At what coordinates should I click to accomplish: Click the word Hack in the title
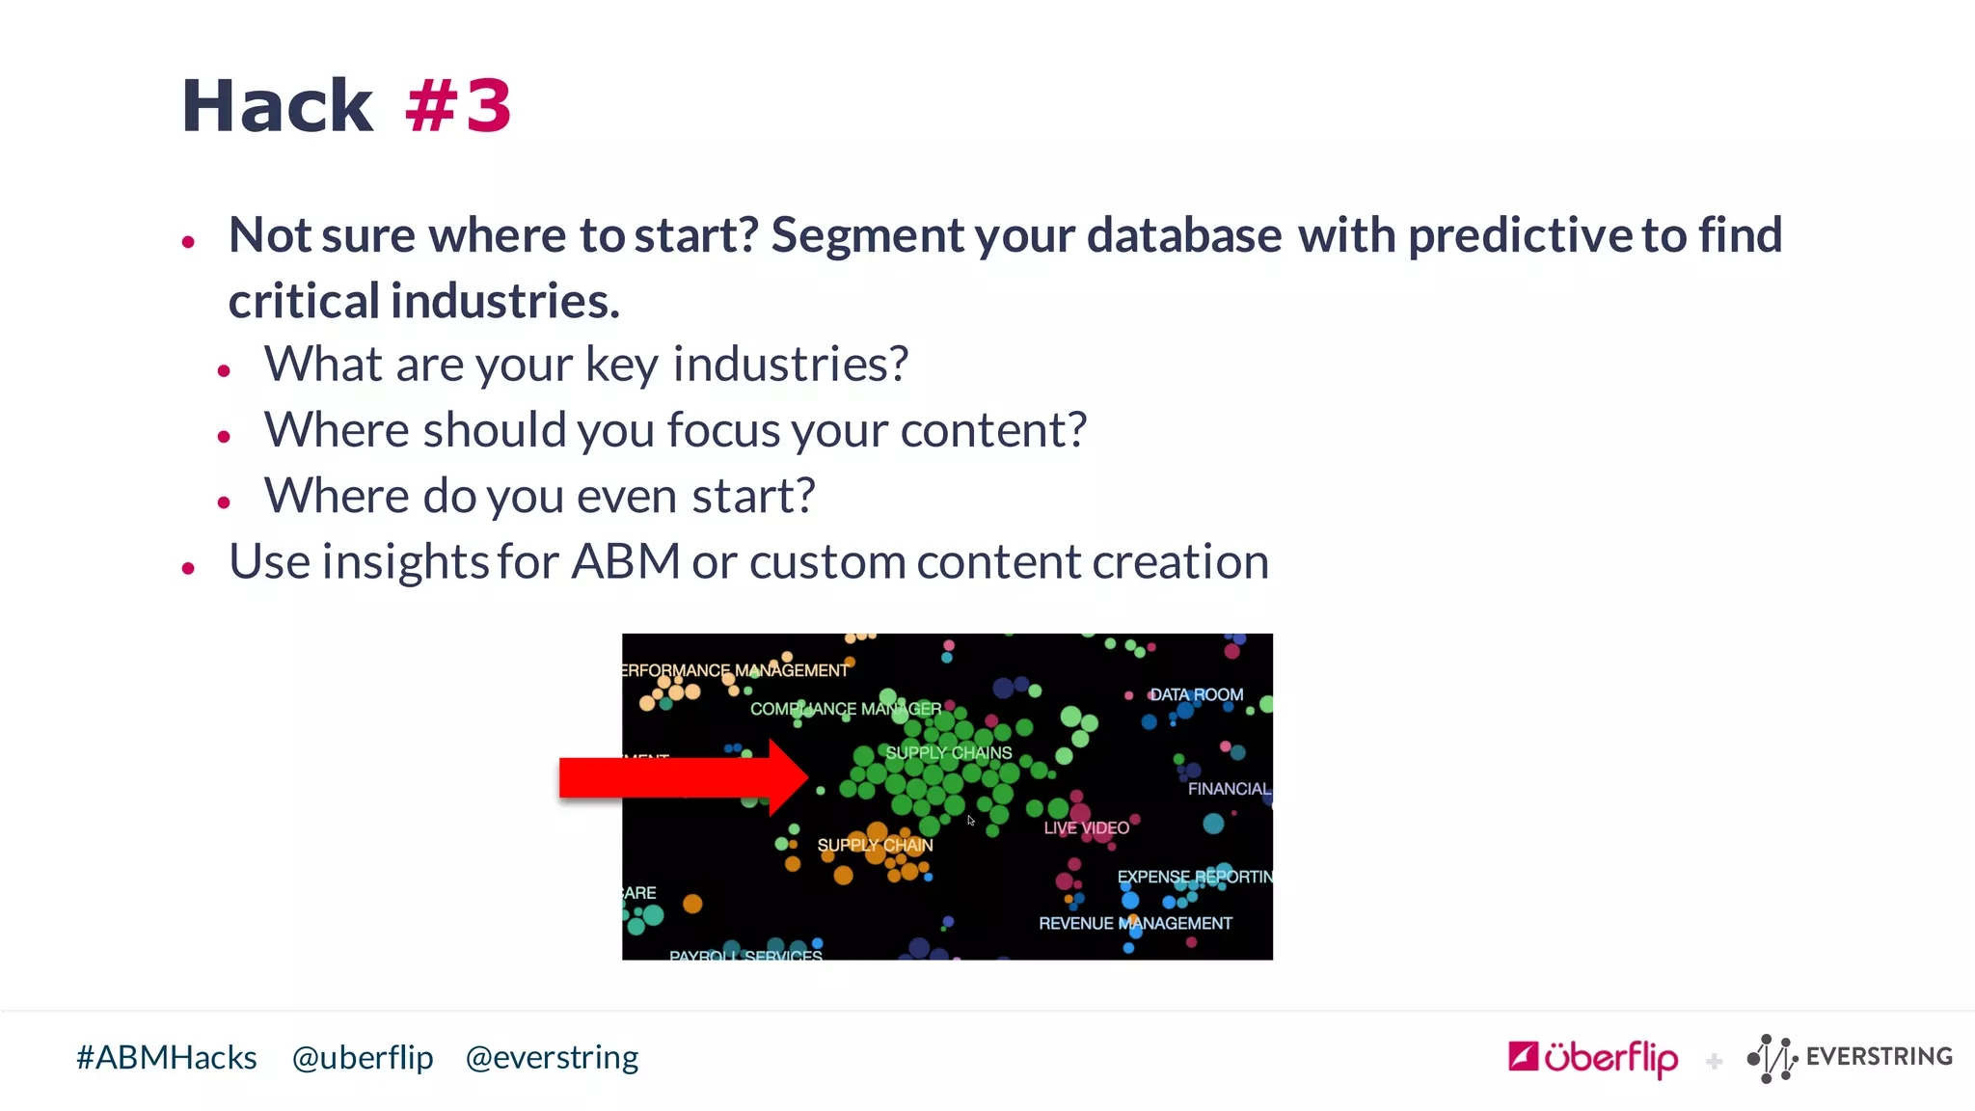coord(277,106)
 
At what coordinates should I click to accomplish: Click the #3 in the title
coord(459,106)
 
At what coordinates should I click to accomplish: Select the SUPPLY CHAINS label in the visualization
coord(949,753)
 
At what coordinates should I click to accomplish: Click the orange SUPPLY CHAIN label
coord(875,846)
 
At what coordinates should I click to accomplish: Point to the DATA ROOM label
coord(1197,695)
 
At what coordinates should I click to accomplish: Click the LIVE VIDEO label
coord(1086,828)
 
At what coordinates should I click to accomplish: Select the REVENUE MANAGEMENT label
coord(1135,924)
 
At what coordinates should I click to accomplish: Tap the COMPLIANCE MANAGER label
coord(846,709)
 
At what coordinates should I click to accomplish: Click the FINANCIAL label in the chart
coord(1229,789)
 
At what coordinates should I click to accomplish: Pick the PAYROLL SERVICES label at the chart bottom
coord(745,954)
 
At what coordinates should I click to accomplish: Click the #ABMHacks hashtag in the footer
coord(167,1058)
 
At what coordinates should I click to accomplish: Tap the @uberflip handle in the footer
coord(363,1058)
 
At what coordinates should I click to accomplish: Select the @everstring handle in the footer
coord(552,1058)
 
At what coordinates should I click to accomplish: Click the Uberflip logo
coord(1593,1058)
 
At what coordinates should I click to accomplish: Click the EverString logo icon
coord(1772,1058)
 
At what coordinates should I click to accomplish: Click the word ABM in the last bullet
coord(626,562)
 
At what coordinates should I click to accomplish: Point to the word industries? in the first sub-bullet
coord(790,365)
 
